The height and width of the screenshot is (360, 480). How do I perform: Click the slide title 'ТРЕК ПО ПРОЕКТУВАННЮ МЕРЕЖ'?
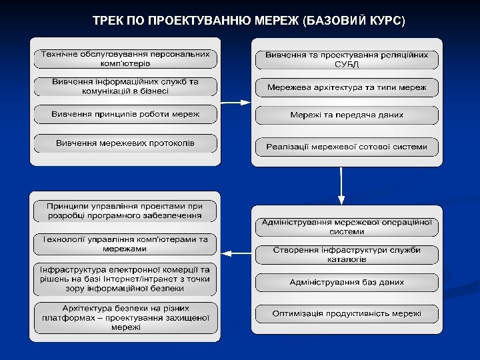pos(248,20)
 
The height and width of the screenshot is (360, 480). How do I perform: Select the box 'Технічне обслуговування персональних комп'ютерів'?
pos(125,59)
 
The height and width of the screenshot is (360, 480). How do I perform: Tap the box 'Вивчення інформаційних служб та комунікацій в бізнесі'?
pos(125,87)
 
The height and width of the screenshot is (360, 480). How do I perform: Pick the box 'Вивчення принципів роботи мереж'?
pos(125,115)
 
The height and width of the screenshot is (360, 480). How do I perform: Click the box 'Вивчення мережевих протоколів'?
pos(125,143)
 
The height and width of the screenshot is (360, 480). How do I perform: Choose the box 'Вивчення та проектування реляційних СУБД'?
pos(347,59)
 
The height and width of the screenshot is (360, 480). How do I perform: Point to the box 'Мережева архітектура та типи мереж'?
pos(347,87)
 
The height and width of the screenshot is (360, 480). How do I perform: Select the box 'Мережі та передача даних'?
pos(347,115)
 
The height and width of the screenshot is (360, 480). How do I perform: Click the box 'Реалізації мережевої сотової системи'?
pos(347,147)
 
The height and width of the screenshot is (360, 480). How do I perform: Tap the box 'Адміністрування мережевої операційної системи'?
pos(347,227)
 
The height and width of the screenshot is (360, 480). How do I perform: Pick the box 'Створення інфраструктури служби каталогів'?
pos(347,255)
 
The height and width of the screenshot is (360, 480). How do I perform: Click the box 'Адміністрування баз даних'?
pos(347,283)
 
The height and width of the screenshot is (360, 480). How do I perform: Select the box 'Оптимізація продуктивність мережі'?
pos(347,313)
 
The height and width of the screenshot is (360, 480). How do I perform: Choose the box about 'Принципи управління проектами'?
pos(125,211)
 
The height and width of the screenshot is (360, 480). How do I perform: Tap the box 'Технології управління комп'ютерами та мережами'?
pos(125,243)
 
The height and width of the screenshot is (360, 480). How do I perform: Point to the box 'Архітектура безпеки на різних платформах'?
pos(125,318)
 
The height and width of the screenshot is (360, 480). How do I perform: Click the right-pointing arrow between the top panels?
pos(235,102)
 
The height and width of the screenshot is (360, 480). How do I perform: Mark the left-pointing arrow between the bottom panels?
pos(235,253)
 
